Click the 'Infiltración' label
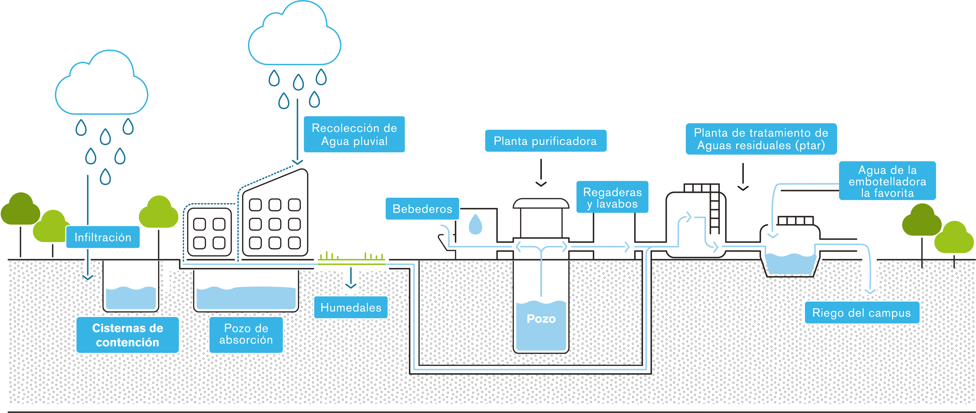[x=103, y=237]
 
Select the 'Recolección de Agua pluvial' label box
[x=354, y=134]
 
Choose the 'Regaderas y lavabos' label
[x=612, y=198]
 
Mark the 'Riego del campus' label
[x=862, y=313]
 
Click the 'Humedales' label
[x=351, y=307]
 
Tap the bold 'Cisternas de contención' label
[x=128, y=335]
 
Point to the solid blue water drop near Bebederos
[x=475, y=225]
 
